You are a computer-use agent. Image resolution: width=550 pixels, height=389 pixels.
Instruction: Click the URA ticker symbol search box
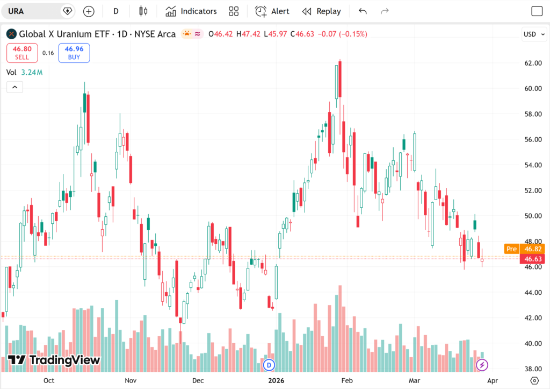click(x=32, y=11)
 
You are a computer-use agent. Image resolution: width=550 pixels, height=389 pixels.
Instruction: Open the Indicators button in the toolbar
click(x=191, y=11)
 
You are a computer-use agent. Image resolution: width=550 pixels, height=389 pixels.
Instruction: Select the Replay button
click(x=321, y=11)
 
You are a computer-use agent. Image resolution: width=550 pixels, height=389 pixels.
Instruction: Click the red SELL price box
click(x=23, y=53)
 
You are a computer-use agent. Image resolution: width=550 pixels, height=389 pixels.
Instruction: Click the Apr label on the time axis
click(x=493, y=380)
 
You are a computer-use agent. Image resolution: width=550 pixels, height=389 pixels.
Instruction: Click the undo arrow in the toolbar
click(x=363, y=11)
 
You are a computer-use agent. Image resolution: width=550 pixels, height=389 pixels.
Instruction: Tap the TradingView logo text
click(x=54, y=360)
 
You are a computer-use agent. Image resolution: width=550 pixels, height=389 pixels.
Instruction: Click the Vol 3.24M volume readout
click(x=25, y=72)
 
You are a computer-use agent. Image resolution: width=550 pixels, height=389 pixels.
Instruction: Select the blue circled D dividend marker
click(x=269, y=365)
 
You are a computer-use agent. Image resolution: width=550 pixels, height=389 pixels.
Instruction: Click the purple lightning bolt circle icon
click(x=482, y=365)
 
